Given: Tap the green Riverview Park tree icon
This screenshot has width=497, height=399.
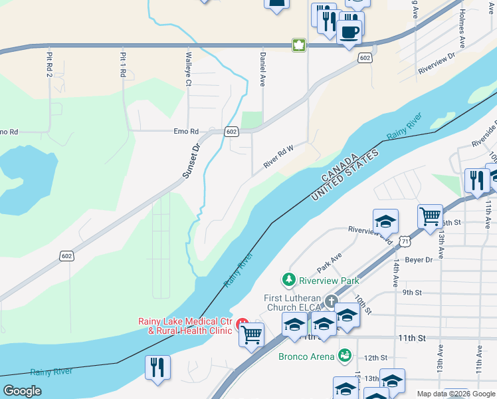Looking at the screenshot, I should [288, 279].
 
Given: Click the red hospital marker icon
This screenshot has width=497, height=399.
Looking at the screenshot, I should [243, 326].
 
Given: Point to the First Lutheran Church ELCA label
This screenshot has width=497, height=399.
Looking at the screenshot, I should [292, 302].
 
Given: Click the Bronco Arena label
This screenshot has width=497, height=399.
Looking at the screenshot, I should [306, 356].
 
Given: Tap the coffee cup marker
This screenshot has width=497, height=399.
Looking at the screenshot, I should [349, 31].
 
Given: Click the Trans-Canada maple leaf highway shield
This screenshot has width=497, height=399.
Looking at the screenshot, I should [299, 46].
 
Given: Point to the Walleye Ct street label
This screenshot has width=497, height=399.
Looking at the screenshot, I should [189, 69].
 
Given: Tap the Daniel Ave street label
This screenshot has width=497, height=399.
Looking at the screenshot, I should [263, 68].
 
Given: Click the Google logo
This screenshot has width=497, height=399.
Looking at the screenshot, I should [23, 390].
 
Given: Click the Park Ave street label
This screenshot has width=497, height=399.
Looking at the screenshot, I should [329, 262].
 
